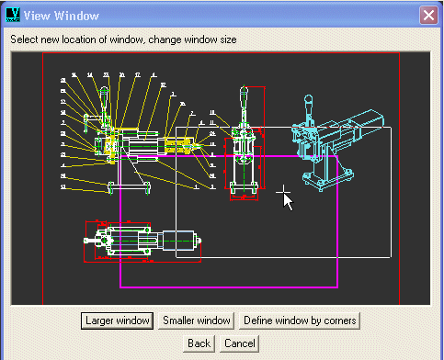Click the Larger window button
point(117,321)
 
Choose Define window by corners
point(300,321)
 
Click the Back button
point(199,343)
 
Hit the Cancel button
point(239,343)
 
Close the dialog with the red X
point(427,15)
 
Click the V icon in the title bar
point(12,15)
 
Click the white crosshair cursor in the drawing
point(284,194)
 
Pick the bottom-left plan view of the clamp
point(138,242)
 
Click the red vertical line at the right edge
point(399,174)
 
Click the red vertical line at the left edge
point(43,174)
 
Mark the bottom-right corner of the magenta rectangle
point(336,286)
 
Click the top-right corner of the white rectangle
point(392,127)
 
